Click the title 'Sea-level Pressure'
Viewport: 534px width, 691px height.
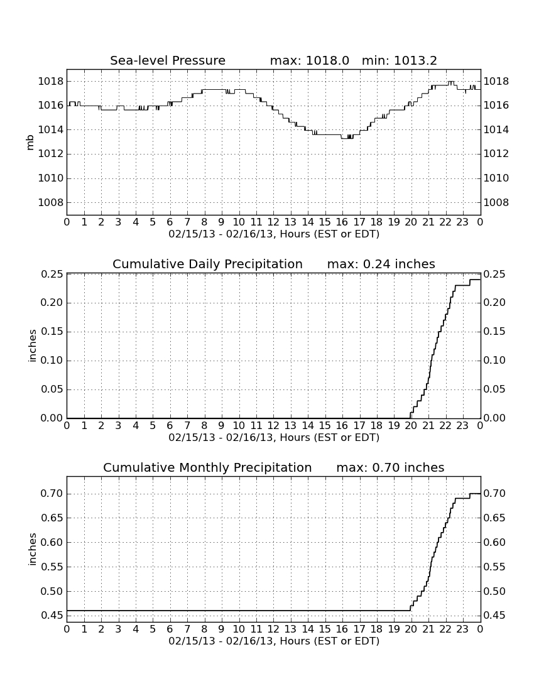coord(168,60)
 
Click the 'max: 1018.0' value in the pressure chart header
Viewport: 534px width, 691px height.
coord(309,60)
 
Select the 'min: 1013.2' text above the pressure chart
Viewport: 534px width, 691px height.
coord(399,60)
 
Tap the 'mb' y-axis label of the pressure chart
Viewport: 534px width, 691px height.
coord(30,143)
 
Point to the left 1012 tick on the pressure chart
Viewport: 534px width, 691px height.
coord(51,154)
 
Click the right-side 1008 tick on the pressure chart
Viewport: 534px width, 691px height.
coord(496,203)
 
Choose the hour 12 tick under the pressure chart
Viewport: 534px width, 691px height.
coord(273,222)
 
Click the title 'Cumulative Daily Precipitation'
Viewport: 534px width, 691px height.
coord(207,264)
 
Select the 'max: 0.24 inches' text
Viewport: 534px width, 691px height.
coord(381,264)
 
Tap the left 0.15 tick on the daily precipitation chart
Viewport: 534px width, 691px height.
coord(52,332)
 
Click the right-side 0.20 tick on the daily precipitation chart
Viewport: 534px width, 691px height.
coord(494,303)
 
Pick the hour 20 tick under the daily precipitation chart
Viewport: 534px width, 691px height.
coord(411,425)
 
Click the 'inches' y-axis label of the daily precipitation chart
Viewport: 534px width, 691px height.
coord(31,346)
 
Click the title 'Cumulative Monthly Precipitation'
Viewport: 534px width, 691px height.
coord(207,467)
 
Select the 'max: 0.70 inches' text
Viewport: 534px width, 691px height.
coord(390,467)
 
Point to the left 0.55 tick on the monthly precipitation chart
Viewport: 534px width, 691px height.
coord(52,567)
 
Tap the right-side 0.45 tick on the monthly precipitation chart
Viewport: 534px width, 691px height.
coord(494,616)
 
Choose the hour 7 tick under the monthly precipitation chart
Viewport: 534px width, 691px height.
coord(187,629)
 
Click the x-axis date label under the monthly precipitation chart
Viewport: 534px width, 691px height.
coord(274,641)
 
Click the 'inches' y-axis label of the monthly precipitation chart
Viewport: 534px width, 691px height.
coord(31,549)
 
